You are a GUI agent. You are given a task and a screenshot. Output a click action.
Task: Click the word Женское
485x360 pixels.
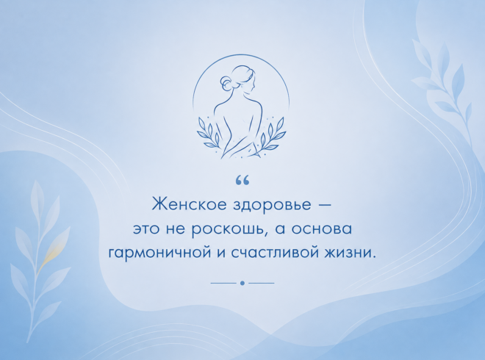pyautogui.click(x=190, y=204)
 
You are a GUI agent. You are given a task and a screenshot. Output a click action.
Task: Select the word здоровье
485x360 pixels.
pyautogui.click(x=272, y=206)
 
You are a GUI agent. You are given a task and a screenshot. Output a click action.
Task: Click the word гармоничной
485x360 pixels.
pyautogui.click(x=158, y=253)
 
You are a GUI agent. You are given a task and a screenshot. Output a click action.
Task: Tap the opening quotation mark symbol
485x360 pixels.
pyautogui.click(x=242, y=181)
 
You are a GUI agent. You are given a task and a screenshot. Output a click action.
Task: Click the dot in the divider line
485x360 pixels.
pyautogui.click(x=242, y=283)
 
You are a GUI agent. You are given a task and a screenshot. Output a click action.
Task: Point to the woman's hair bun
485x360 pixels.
pyautogui.click(x=225, y=83)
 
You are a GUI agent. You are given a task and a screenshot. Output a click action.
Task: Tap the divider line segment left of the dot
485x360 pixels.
pyautogui.click(x=223, y=283)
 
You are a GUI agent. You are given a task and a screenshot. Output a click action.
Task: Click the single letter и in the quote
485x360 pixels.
pyautogui.click(x=219, y=253)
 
